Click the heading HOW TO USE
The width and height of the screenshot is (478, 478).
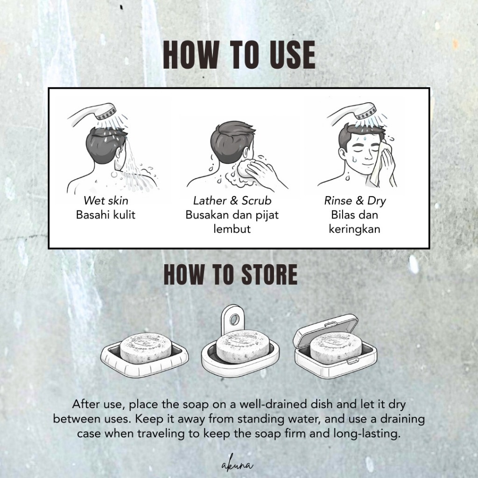(239, 55)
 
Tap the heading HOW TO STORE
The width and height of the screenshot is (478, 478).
(231, 274)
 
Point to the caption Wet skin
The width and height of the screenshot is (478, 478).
(106, 200)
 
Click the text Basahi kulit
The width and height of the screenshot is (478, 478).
(105, 215)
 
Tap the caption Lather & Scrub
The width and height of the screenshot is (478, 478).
(232, 200)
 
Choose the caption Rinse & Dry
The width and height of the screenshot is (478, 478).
(355, 201)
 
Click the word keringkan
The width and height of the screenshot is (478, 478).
(355, 229)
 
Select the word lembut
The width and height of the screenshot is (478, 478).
(232, 229)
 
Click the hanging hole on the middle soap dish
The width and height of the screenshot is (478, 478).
(234, 320)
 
